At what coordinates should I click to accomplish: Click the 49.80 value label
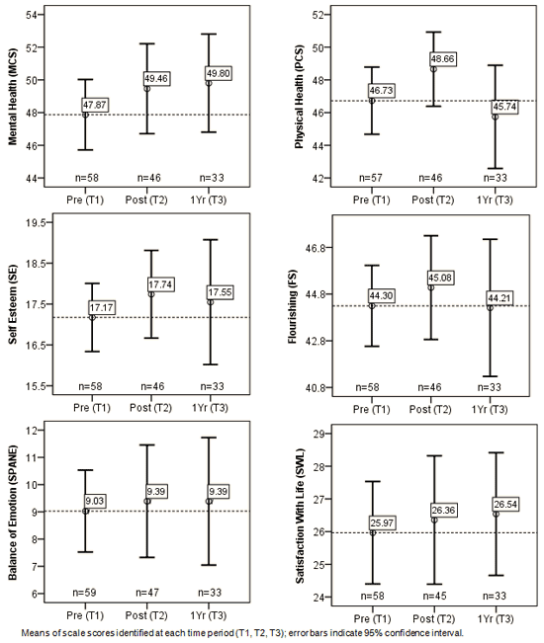(219, 74)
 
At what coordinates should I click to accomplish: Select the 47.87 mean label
(95, 105)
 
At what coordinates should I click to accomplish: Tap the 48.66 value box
(442, 59)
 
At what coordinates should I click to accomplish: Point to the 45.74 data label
(505, 107)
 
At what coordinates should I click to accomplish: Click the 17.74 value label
(160, 284)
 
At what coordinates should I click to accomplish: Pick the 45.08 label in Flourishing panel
(440, 278)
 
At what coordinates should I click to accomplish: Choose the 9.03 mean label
(95, 501)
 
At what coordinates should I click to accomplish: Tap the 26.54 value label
(505, 504)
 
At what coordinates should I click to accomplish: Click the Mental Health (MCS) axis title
(13, 97)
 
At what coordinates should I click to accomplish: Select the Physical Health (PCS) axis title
(300, 97)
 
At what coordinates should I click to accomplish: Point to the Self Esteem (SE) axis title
(13, 304)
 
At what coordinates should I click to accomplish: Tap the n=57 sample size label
(371, 178)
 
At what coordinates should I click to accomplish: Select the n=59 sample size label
(85, 593)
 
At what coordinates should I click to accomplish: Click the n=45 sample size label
(435, 596)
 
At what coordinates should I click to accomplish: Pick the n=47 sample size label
(147, 593)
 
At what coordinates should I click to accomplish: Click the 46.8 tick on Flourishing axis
(316, 248)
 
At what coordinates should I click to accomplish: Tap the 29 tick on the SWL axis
(318, 434)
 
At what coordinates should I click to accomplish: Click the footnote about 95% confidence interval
(242, 633)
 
